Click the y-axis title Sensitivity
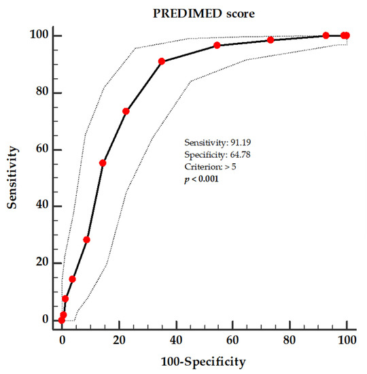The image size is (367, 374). pos(13,177)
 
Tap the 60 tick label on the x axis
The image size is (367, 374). pos(232,335)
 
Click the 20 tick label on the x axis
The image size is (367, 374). pos(118,335)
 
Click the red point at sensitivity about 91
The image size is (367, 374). pos(162,61)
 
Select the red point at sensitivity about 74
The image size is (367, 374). pos(126,111)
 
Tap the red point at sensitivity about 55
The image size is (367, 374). pos(103,163)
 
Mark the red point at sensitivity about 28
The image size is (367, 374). pos(86,239)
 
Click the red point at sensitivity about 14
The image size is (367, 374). pos(72,279)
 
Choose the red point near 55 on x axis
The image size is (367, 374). pos(217,46)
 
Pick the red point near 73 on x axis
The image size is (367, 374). pos(270,40)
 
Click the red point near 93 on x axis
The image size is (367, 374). pos(326,35)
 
